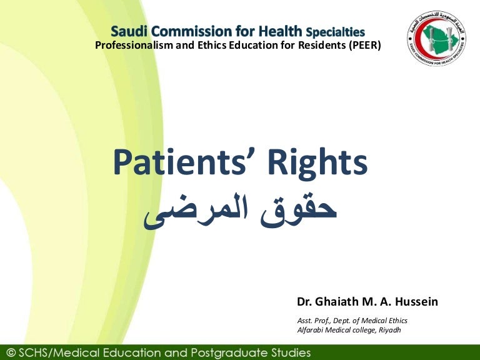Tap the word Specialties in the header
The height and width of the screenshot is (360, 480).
[335, 31]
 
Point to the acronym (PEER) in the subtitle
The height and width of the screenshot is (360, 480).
[362, 45]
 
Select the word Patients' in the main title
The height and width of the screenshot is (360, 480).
[182, 164]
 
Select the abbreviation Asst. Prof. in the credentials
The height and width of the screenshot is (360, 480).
[313, 321]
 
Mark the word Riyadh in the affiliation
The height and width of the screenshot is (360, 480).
[389, 330]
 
